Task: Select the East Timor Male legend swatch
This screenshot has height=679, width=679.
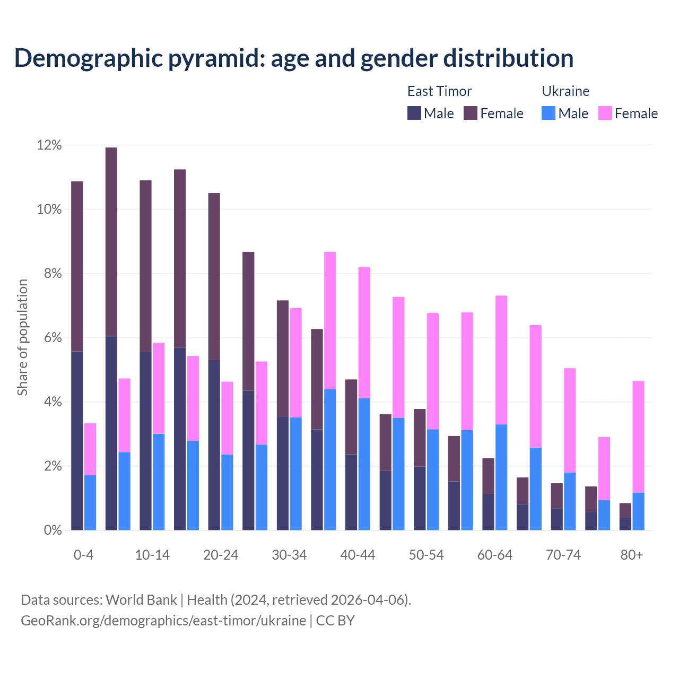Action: point(414,113)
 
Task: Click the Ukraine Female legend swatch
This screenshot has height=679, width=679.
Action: point(605,113)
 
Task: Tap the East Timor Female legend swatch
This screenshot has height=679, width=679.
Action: point(471,113)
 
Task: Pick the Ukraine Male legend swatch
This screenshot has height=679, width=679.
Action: point(549,113)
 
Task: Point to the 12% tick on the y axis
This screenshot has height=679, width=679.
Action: point(49,145)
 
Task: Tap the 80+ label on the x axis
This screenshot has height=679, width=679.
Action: point(632,555)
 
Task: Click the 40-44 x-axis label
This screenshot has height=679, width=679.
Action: point(358,555)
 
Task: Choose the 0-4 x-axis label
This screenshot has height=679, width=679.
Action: point(84,555)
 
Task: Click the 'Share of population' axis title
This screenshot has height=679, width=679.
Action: point(23,337)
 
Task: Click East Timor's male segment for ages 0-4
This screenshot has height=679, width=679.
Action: point(77,440)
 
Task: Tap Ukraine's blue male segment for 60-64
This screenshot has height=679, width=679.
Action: point(501,477)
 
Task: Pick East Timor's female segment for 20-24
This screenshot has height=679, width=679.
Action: point(214,276)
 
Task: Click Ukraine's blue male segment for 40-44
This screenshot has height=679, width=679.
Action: point(364,464)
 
